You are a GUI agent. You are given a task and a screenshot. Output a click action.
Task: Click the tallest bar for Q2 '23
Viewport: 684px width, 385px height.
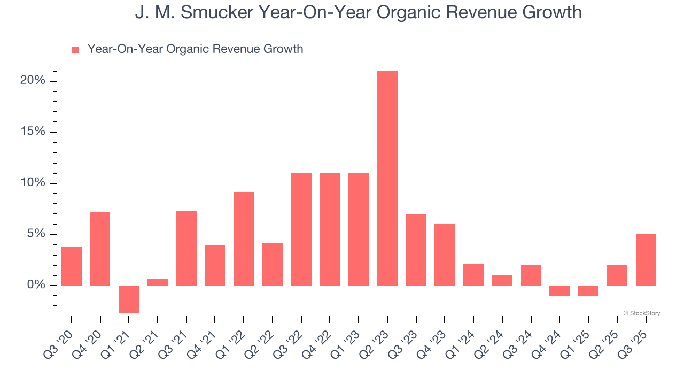coord(387,178)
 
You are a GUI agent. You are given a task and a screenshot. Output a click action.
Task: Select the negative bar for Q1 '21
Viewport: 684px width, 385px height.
coord(129,299)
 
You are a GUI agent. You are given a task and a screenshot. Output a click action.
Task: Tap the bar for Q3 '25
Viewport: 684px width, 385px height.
coord(646,259)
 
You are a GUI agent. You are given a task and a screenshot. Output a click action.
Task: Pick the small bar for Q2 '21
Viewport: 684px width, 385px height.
coord(158,282)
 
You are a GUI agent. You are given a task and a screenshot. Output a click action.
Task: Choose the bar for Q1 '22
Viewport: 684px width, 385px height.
coord(244,238)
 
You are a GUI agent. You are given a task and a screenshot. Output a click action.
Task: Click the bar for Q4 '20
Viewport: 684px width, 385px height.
coord(100,249)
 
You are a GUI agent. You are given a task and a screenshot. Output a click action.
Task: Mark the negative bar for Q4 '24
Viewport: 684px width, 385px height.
coord(559,290)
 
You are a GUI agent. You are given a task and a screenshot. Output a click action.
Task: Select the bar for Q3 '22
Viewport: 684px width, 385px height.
coord(301,229)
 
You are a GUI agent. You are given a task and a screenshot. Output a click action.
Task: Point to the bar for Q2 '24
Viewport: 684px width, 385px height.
coord(502,280)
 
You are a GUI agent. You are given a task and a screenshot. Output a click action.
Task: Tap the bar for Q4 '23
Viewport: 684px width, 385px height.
coord(445,255)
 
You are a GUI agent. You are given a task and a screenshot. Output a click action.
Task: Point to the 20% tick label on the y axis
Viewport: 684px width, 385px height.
coord(33,81)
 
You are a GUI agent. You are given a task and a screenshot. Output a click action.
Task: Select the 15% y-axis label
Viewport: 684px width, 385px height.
coord(33,132)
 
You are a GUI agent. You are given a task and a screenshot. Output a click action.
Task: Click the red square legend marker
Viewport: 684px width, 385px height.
coord(75,50)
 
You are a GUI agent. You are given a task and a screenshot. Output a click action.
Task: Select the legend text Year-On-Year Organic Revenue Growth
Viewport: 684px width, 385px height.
coord(195,49)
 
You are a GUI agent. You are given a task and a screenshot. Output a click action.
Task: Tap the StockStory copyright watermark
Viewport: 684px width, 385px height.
coord(641,313)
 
